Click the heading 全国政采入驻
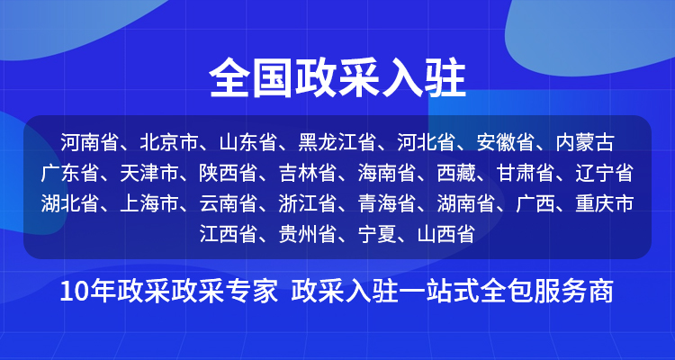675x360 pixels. [337, 79]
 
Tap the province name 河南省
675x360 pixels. [89, 142]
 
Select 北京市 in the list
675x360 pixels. [168, 142]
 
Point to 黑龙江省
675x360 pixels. [337, 142]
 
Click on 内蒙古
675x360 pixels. [585, 142]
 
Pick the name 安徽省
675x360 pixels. [506, 142]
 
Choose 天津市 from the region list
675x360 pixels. [148, 173]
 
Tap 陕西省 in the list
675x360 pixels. [228, 173]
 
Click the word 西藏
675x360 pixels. [456, 173]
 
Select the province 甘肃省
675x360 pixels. [526, 173]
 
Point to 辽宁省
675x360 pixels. [605, 173]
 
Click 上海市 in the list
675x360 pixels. [148, 203]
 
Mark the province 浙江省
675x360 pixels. [307, 203]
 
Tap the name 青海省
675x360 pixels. [386, 203]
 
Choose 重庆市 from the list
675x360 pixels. [605, 203]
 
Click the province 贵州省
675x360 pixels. [307, 234]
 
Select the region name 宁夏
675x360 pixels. [377, 234]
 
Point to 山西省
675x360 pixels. [446, 234]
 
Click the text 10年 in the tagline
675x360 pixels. [89, 292]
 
